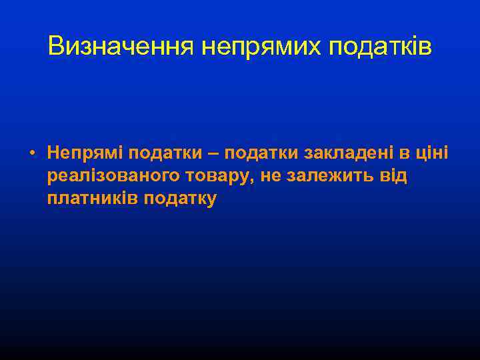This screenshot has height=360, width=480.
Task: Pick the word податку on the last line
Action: click(180, 199)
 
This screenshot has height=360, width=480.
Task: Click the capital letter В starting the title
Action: click(56, 47)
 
